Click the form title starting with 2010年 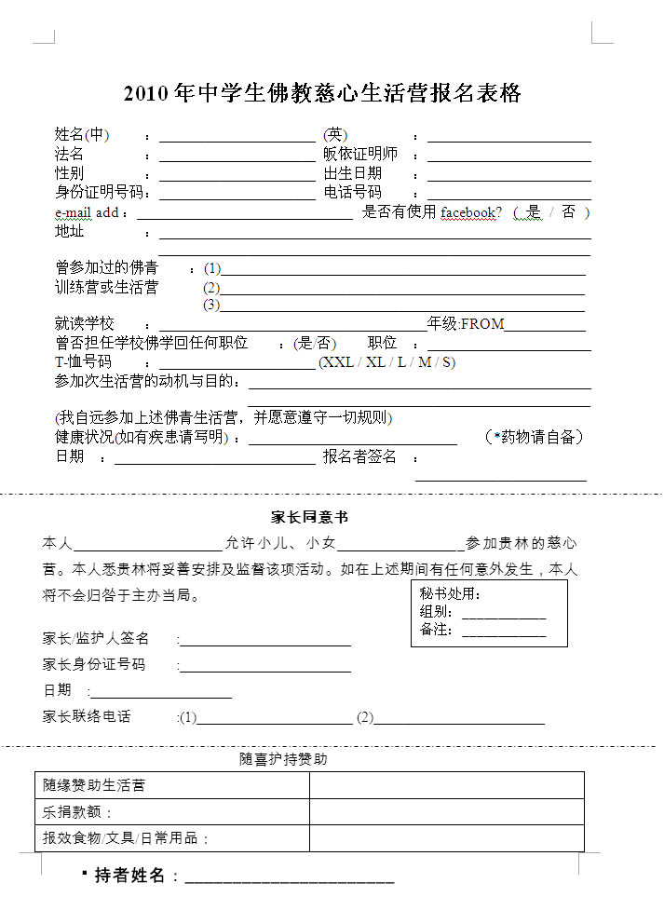coord(322,93)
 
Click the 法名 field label coord(70,155)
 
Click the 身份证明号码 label coord(102,192)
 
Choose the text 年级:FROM coord(466,324)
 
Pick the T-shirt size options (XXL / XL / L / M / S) coord(386,362)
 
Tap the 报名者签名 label coord(359,456)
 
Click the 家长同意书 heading coord(309,517)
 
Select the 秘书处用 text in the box coord(450,594)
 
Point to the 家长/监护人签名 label coord(96,639)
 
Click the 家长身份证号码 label coord(94,665)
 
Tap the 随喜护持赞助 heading coord(283,760)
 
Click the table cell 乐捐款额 coord(78,812)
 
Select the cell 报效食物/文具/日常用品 coord(126,838)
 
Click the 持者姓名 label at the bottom coord(130,876)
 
